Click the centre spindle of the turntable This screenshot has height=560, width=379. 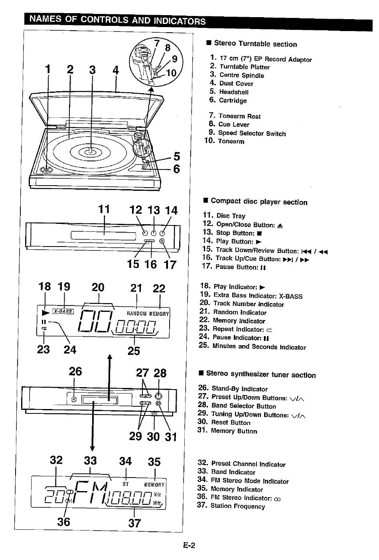91,151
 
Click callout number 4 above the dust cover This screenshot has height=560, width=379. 115,70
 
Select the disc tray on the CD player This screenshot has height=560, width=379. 103,235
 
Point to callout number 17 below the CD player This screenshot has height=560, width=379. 170,264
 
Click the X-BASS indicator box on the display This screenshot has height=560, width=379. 63,311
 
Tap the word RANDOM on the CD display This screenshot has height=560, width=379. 136,313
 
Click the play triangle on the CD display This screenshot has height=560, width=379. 45,313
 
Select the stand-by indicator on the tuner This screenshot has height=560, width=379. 73,399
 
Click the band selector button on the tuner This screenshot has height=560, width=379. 158,396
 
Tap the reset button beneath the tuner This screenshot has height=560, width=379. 154,413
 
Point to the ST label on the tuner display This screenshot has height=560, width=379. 125,484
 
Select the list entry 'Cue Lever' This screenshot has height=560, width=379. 229,124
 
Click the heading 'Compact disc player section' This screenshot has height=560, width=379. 255,202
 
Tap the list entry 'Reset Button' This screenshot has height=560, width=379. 224,422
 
